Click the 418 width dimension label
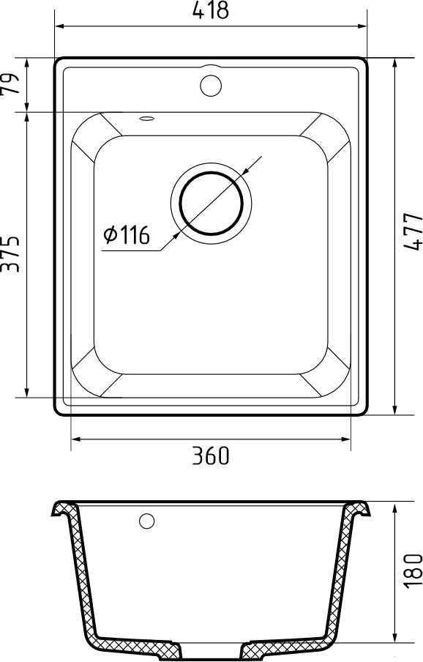coord(211,11)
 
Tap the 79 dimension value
coord(10,85)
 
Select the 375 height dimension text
coord(10,253)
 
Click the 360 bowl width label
coord(211,455)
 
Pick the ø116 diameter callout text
coord(127,235)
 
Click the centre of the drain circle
coord(211,202)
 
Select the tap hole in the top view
coord(211,84)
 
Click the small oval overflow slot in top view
coord(146,118)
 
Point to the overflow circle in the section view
coord(147,521)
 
